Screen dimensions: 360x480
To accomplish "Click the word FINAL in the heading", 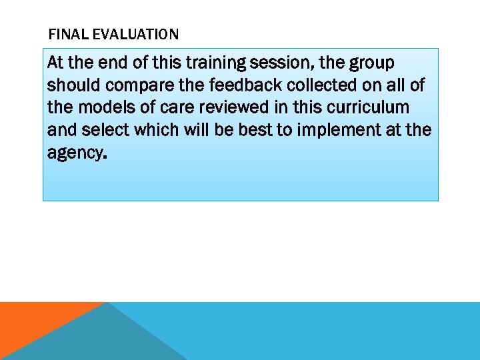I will pyautogui.click(x=65, y=34).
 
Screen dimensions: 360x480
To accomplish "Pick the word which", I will pyautogui.click(x=157, y=129).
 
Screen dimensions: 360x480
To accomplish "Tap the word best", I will pyautogui.click(x=256, y=129).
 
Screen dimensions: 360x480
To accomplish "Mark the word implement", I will pyautogui.click(x=335, y=131).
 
